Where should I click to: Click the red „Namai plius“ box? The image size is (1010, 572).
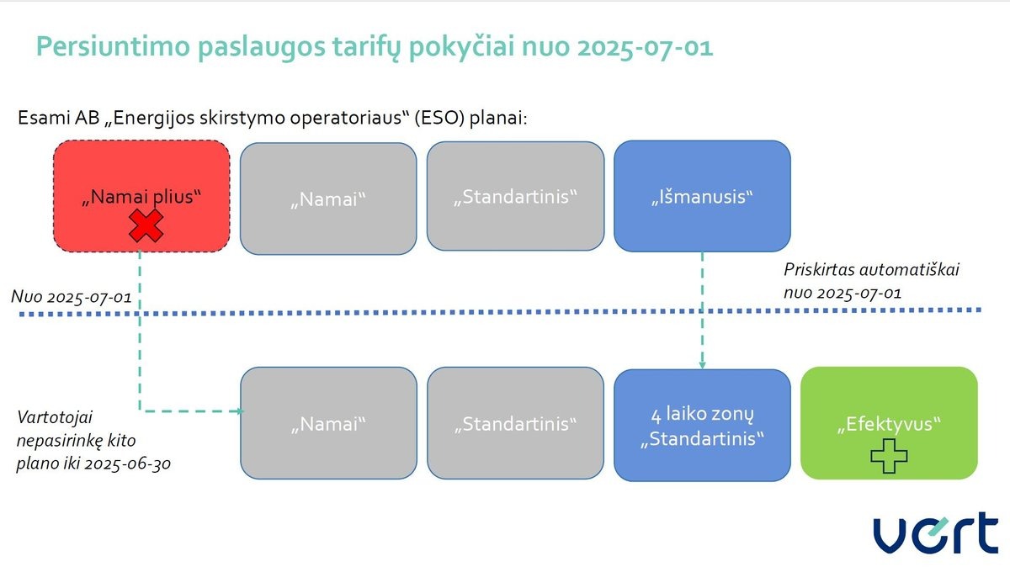(141, 196)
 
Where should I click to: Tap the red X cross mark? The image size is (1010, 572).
(146, 225)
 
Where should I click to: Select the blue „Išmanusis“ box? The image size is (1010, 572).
(702, 196)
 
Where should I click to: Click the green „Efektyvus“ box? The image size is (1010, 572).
(889, 423)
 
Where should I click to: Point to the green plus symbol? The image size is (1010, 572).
(889, 456)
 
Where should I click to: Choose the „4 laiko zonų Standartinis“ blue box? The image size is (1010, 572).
(702, 425)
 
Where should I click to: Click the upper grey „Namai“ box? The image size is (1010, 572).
(328, 199)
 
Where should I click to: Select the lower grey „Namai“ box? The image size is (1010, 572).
(328, 423)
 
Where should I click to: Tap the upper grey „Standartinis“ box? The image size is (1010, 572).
(515, 196)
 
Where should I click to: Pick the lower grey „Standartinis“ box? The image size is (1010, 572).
(515, 423)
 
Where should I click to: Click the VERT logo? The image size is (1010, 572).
(936, 532)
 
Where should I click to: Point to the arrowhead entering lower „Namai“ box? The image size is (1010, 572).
(241, 411)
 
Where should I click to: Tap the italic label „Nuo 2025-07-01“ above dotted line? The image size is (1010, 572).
(72, 297)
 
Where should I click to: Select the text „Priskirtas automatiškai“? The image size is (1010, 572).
(871, 269)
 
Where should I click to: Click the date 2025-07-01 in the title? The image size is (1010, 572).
(645, 47)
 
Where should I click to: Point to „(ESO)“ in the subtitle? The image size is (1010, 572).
(439, 118)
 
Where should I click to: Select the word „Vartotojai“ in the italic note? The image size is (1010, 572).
(55, 417)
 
